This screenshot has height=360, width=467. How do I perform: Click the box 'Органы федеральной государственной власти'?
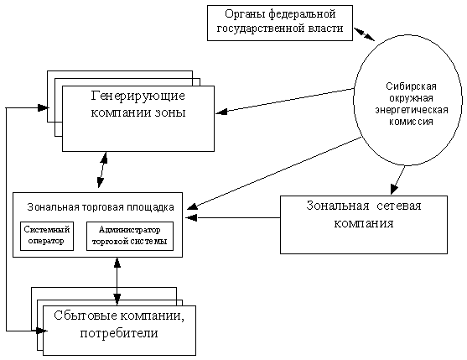click(280, 23)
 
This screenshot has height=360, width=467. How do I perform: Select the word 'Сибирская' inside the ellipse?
click(411, 86)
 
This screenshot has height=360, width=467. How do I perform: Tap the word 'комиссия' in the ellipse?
click(411, 122)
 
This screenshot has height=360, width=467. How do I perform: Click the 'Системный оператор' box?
click(47, 236)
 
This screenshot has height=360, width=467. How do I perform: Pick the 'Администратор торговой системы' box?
click(130, 236)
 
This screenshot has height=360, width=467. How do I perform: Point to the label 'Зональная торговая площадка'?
click(101, 207)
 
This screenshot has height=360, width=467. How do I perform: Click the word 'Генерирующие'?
click(138, 96)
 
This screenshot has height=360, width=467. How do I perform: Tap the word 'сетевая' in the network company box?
click(399, 206)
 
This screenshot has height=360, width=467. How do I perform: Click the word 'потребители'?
click(119, 333)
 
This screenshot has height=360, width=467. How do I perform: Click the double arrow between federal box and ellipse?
click(364, 34)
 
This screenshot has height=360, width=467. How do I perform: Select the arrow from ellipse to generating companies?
click(284, 101)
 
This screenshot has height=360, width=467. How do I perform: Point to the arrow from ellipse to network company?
click(397, 180)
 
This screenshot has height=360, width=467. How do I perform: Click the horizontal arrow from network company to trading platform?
click(233, 217)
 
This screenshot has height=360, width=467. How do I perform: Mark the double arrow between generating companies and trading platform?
click(102, 170)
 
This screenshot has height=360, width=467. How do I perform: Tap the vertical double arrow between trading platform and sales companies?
click(117, 281)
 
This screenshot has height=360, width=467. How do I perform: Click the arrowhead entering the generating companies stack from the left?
click(44, 107)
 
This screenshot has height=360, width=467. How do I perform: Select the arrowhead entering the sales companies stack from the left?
click(41, 331)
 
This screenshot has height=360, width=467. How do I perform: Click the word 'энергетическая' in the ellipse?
click(412, 110)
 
